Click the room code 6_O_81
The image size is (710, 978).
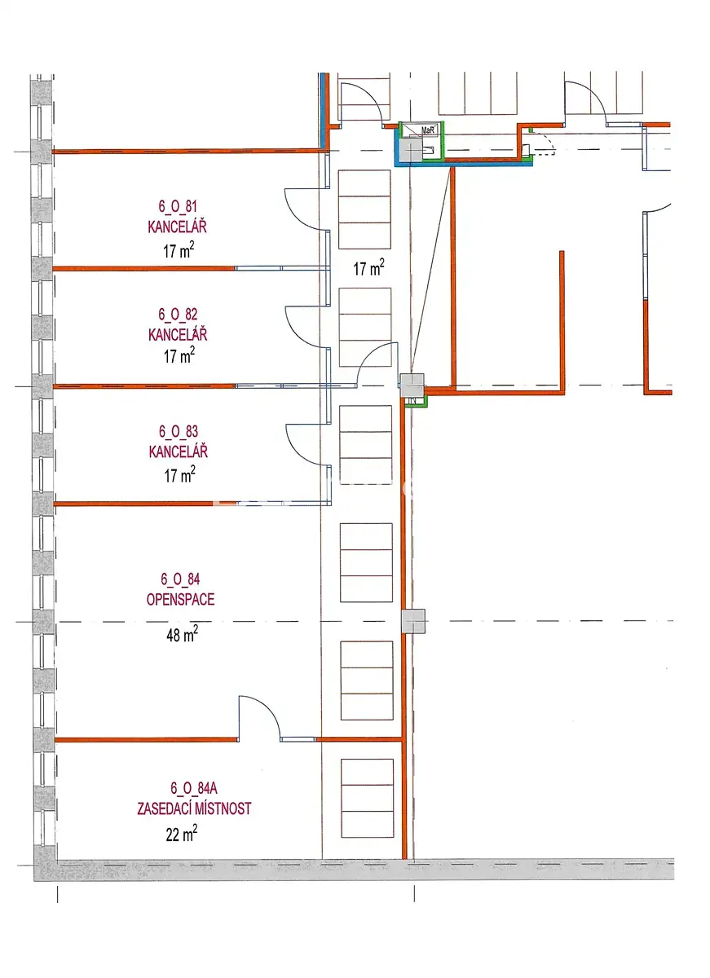point(178,206)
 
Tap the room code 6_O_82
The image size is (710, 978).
point(178,314)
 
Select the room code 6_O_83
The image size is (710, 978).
point(179,431)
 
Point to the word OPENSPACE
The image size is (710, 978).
point(180,600)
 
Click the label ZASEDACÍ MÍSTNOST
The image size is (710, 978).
point(194,808)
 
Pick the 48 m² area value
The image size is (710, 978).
point(182,633)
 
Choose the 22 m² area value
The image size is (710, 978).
point(182,834)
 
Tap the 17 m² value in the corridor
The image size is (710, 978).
point(369,267)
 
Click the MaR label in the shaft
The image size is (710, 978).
point(427,130)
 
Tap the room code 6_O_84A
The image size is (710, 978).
point(194,788)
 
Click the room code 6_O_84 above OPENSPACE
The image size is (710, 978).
point(180,579)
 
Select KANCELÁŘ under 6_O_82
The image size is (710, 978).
point(178,334)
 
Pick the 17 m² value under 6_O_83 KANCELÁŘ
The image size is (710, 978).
point(180,474)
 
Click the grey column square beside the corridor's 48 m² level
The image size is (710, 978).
point(413,621)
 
